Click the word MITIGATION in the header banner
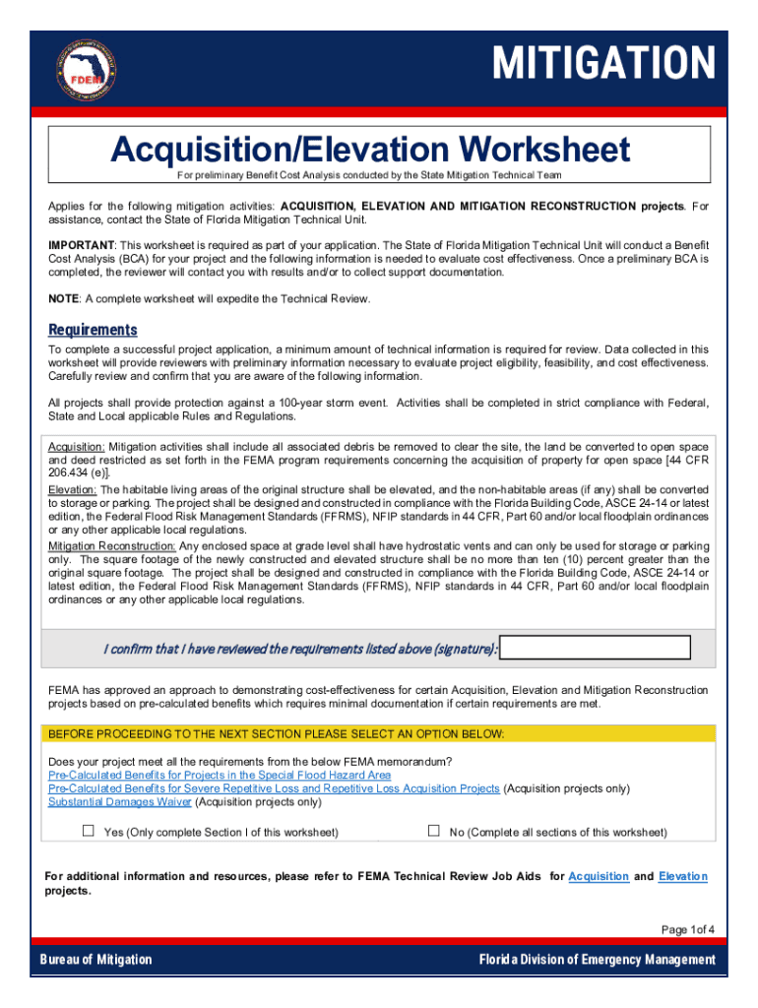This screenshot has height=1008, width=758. coord(603,64)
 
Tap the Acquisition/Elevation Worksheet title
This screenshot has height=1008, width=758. coord(370,150)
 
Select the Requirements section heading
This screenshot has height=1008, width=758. coord(94,330)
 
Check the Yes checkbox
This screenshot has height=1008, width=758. coord(89,831)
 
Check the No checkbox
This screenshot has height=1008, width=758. coord(433,831)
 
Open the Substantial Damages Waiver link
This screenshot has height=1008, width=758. coord(120,802)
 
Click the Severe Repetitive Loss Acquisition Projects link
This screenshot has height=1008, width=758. coord(274,788)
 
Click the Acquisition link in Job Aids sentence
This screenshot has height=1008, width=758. coord(599,876)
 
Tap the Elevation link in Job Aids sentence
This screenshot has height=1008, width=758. coord(682,876)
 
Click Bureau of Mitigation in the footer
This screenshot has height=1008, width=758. coord(95,960)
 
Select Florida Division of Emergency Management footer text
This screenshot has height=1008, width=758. coord(597,960)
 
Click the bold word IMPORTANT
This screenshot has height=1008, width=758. coord(82,244)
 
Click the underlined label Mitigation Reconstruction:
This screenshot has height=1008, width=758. coord(112,547)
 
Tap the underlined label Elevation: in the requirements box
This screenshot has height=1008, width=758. coord(73,489)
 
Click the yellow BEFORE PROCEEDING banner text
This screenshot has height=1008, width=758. coord(277,734)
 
